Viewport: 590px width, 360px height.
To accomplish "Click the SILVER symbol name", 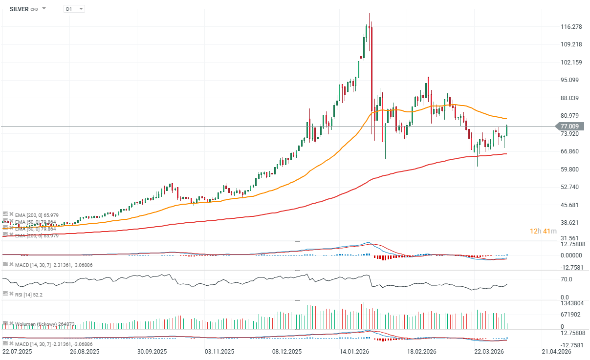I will (x=19, y=9).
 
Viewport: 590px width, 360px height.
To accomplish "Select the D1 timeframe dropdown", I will (x=74, y=9).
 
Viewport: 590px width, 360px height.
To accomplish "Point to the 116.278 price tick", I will (x=570, y=26).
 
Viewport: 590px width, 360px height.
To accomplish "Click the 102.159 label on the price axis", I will (x=570, y=62).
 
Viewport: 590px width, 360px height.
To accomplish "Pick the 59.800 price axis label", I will (x=570, y=169).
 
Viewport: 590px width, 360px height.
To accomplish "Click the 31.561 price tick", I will (x=570, y=238).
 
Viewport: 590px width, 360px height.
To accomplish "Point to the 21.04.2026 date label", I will (x=557, y=351).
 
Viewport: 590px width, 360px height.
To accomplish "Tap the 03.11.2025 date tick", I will (x=219, y=351).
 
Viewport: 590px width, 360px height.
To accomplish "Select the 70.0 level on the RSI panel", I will (x=566, y=279).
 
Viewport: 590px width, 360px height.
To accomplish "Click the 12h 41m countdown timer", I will (x=544, y=231).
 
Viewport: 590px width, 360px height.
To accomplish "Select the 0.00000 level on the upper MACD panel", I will (x=570, y=255).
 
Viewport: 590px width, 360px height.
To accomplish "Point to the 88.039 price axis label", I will (x=570, y=98).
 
